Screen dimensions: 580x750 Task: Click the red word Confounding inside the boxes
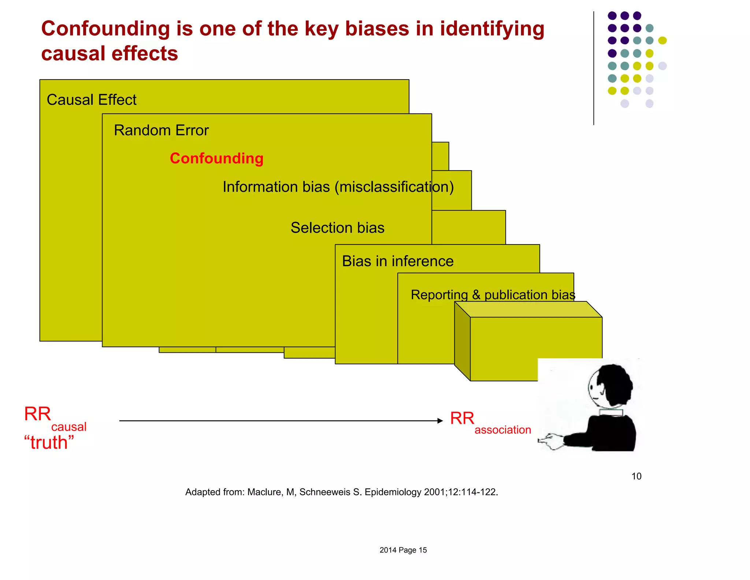(x=216, y=158)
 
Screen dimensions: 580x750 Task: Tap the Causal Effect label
(x=92, y=100)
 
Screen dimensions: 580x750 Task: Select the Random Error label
(x=161, y=131)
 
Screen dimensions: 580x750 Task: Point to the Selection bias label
(x=337, y=228)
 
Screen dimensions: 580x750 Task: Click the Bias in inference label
(x=398, y=261)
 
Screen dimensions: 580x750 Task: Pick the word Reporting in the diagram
(x=439, y=295)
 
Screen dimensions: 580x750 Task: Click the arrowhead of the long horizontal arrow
(x=440, y=421)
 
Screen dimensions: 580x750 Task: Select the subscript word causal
(x=69, y=427)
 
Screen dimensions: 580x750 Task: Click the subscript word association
(x=502, y=430)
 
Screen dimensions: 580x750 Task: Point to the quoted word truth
(x=49, y=443)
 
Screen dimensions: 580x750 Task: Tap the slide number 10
(x=636, y=476)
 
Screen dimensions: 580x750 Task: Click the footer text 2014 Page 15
(x=403, y=550)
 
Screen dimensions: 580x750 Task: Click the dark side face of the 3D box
(x=462, y=341)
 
